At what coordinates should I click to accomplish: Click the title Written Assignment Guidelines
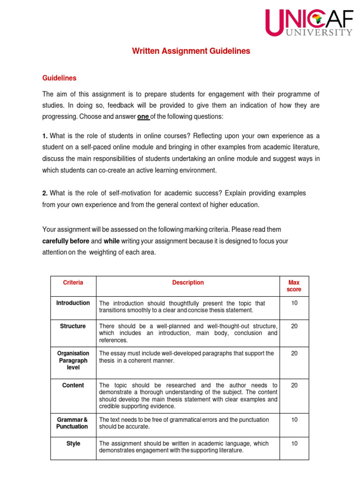point(191,51)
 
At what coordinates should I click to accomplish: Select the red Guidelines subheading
point(59,78)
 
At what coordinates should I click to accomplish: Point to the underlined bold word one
point(143,116)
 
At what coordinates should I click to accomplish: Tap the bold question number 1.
point(45,136)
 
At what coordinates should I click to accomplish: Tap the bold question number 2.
point(45,193)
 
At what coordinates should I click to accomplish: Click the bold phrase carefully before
point(66,241)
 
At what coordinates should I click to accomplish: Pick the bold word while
point(112,241)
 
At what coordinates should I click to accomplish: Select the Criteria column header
point(73,283)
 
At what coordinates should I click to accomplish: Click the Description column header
point(188,283)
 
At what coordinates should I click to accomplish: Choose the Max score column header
point(294,286)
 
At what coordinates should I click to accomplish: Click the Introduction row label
point(73,303)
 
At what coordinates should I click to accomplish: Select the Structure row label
point(73,326)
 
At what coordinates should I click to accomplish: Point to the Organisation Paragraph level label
point(73,360)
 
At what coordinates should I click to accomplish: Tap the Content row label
point(73,385)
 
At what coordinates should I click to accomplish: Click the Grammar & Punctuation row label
point(72,423)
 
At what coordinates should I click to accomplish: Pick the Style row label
point(73,443)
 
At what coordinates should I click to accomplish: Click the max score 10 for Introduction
point(294,303)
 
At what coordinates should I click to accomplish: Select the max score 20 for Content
point(294,385)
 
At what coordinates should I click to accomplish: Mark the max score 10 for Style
point(294,443)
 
